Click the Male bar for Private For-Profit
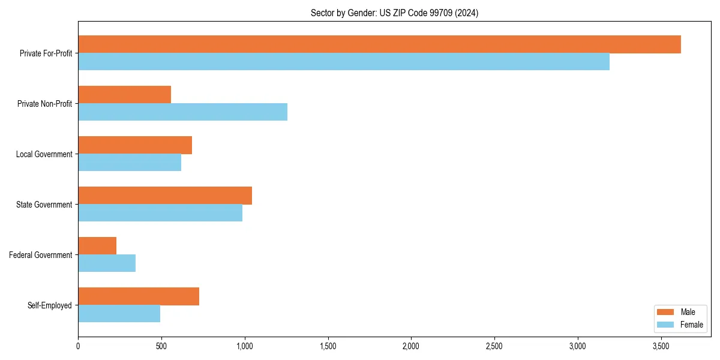(379, 44)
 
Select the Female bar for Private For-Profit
(344, 62)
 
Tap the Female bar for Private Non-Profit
(182, 112)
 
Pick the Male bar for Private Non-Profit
(124, 95)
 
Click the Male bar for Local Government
(135, 145)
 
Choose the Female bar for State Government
(160, 213)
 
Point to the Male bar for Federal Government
(97, 246)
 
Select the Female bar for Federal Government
(107, 263)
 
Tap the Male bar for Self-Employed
(139, 296)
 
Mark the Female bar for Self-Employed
(119, 314)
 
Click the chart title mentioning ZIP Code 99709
(394, 13)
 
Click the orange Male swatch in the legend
(666, 312)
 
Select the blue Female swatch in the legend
(666, 325)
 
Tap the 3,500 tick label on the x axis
(661, 346)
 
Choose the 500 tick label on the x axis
(161, 346)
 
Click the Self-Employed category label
(50, 305)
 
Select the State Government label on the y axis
(44, 205)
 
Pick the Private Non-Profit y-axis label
(44, 104)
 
